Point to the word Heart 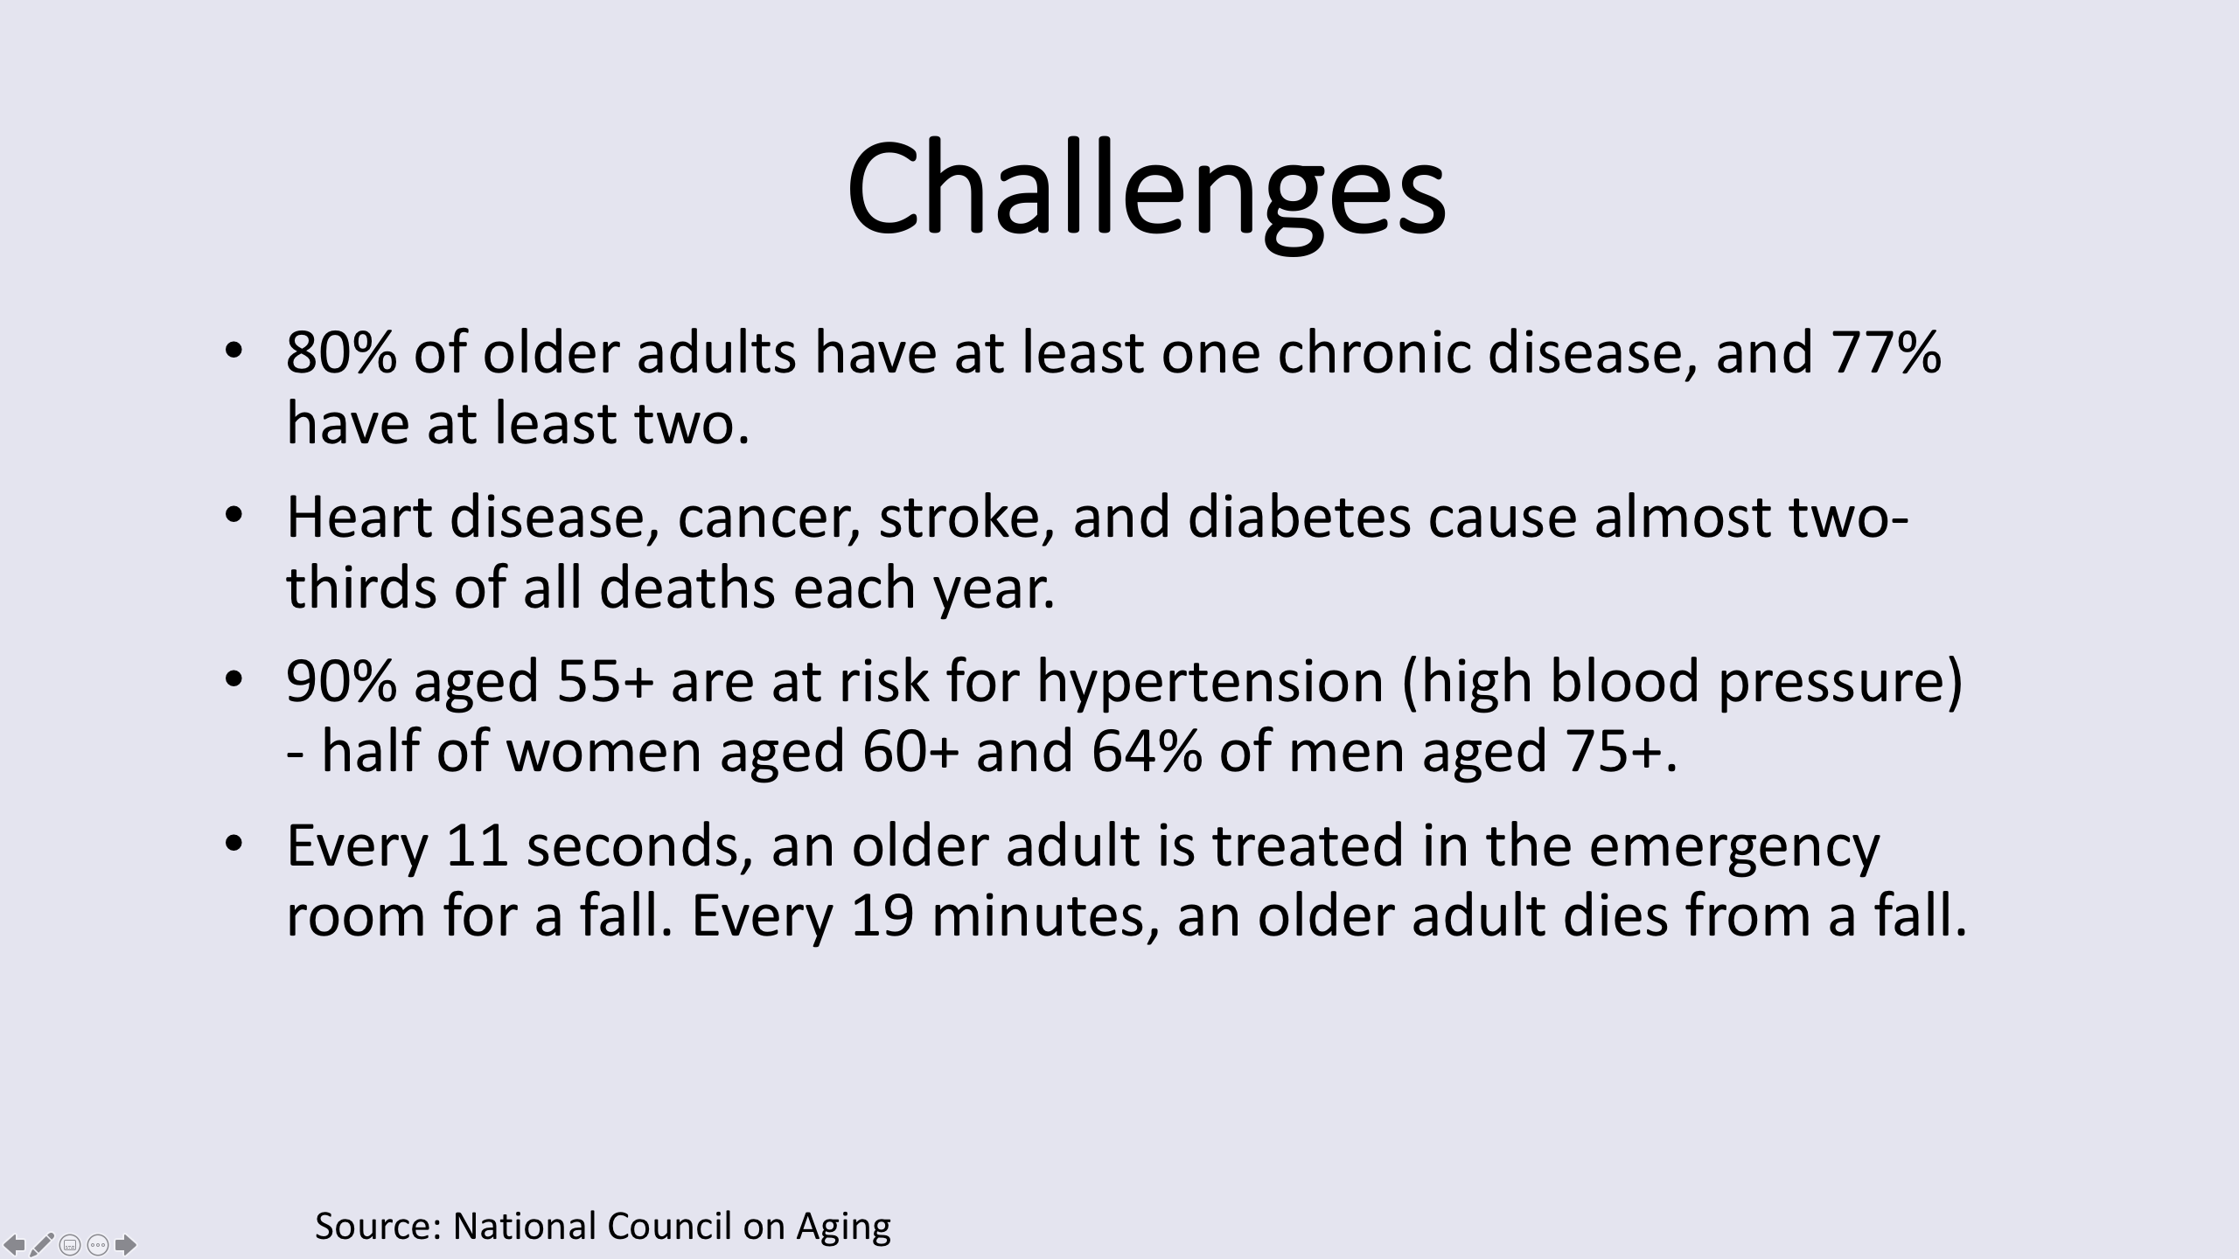coord(359,517)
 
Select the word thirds coord(361,587)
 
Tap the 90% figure coord(341,681)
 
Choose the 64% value coord(1147,751)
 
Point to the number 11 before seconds coord(478,845)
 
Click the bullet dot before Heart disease coord(233,516)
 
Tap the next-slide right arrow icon coord(126,1243)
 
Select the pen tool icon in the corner coord(42,1243)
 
